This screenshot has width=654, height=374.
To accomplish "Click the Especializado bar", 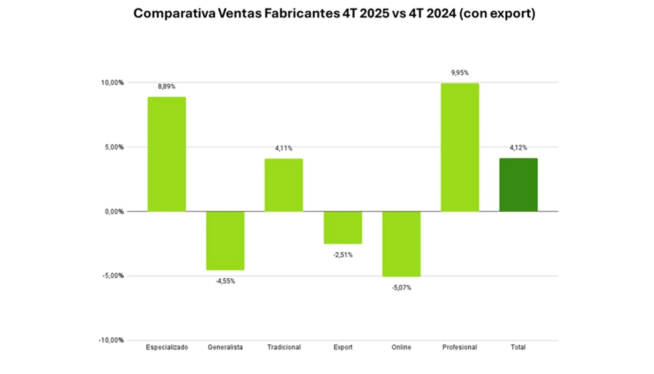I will tap(167, 154).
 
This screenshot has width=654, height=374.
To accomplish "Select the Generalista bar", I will tap(225, 240).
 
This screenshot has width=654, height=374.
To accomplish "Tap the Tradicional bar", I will tap(284, 185).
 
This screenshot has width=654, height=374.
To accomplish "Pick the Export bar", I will tap(342, 228).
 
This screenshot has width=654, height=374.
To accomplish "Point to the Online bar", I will tap(401, 244).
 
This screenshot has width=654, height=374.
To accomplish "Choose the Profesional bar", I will tap(460, 148).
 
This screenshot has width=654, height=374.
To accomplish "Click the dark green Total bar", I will tap(519, 185).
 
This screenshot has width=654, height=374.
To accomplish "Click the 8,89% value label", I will tap(167, 87).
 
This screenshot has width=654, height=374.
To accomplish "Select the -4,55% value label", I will tap(225, 281).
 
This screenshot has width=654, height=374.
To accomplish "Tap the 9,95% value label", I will tap(460, 73).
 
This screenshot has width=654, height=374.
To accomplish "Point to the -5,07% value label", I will tap(401, 288).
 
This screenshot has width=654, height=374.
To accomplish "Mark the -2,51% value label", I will tap(342, 255).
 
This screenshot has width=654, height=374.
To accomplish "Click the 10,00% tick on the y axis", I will tap(112, 83).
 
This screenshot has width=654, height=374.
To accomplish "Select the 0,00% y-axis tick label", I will tap(113, 212).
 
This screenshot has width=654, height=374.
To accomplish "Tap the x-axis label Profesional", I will tap(460, 347).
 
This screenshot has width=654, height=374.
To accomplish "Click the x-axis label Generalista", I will tap(225, 347).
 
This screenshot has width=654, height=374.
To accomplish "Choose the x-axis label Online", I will tap(401, 347).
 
